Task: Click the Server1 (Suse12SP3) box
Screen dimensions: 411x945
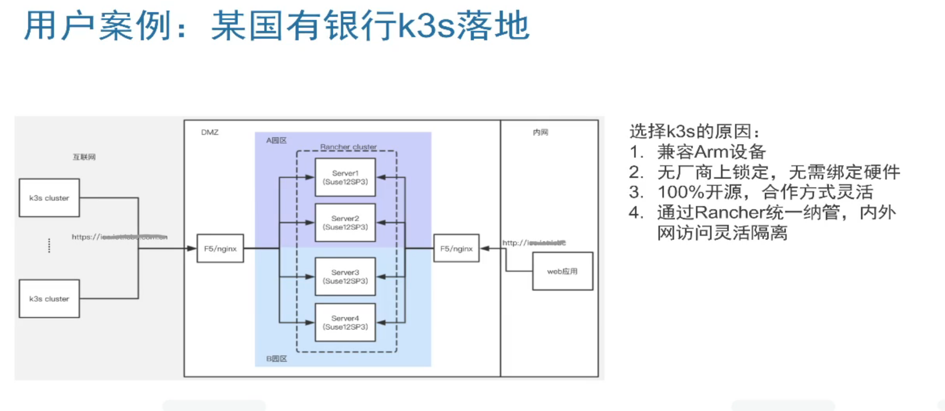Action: click(x=345, y=177)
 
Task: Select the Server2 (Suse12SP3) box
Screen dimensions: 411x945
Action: click(x=345, y=223)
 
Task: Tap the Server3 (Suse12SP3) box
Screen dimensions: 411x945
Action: click(x=345, y=276)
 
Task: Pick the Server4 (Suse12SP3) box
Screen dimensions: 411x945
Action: click(x=345, y=323)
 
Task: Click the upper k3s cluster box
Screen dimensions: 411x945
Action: click(x=49, y=198)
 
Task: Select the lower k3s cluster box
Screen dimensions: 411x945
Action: click(x=49, y=299)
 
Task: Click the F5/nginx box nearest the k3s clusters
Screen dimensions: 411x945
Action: click(x=220, y=249)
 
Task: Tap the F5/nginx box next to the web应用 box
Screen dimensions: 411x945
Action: click(x=456, y=249)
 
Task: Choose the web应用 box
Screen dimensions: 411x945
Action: click(x=562, y=271)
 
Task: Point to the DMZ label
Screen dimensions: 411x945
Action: click(x=210, y=133)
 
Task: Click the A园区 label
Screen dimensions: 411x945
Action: click(x=276, y=140)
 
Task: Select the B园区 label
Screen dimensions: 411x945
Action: click(x=276, y=359)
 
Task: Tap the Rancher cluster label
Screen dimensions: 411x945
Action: click(x=348, y=147)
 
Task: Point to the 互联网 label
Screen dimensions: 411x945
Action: click(x=84, y=157)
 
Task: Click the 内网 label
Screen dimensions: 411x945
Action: click(x=540, y=133)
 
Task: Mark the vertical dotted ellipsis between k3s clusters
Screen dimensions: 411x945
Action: click(x=49, y=246)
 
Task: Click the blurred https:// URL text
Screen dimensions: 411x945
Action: click(x=119, y=237)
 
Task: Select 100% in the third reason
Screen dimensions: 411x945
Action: click(x=681, y=192)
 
